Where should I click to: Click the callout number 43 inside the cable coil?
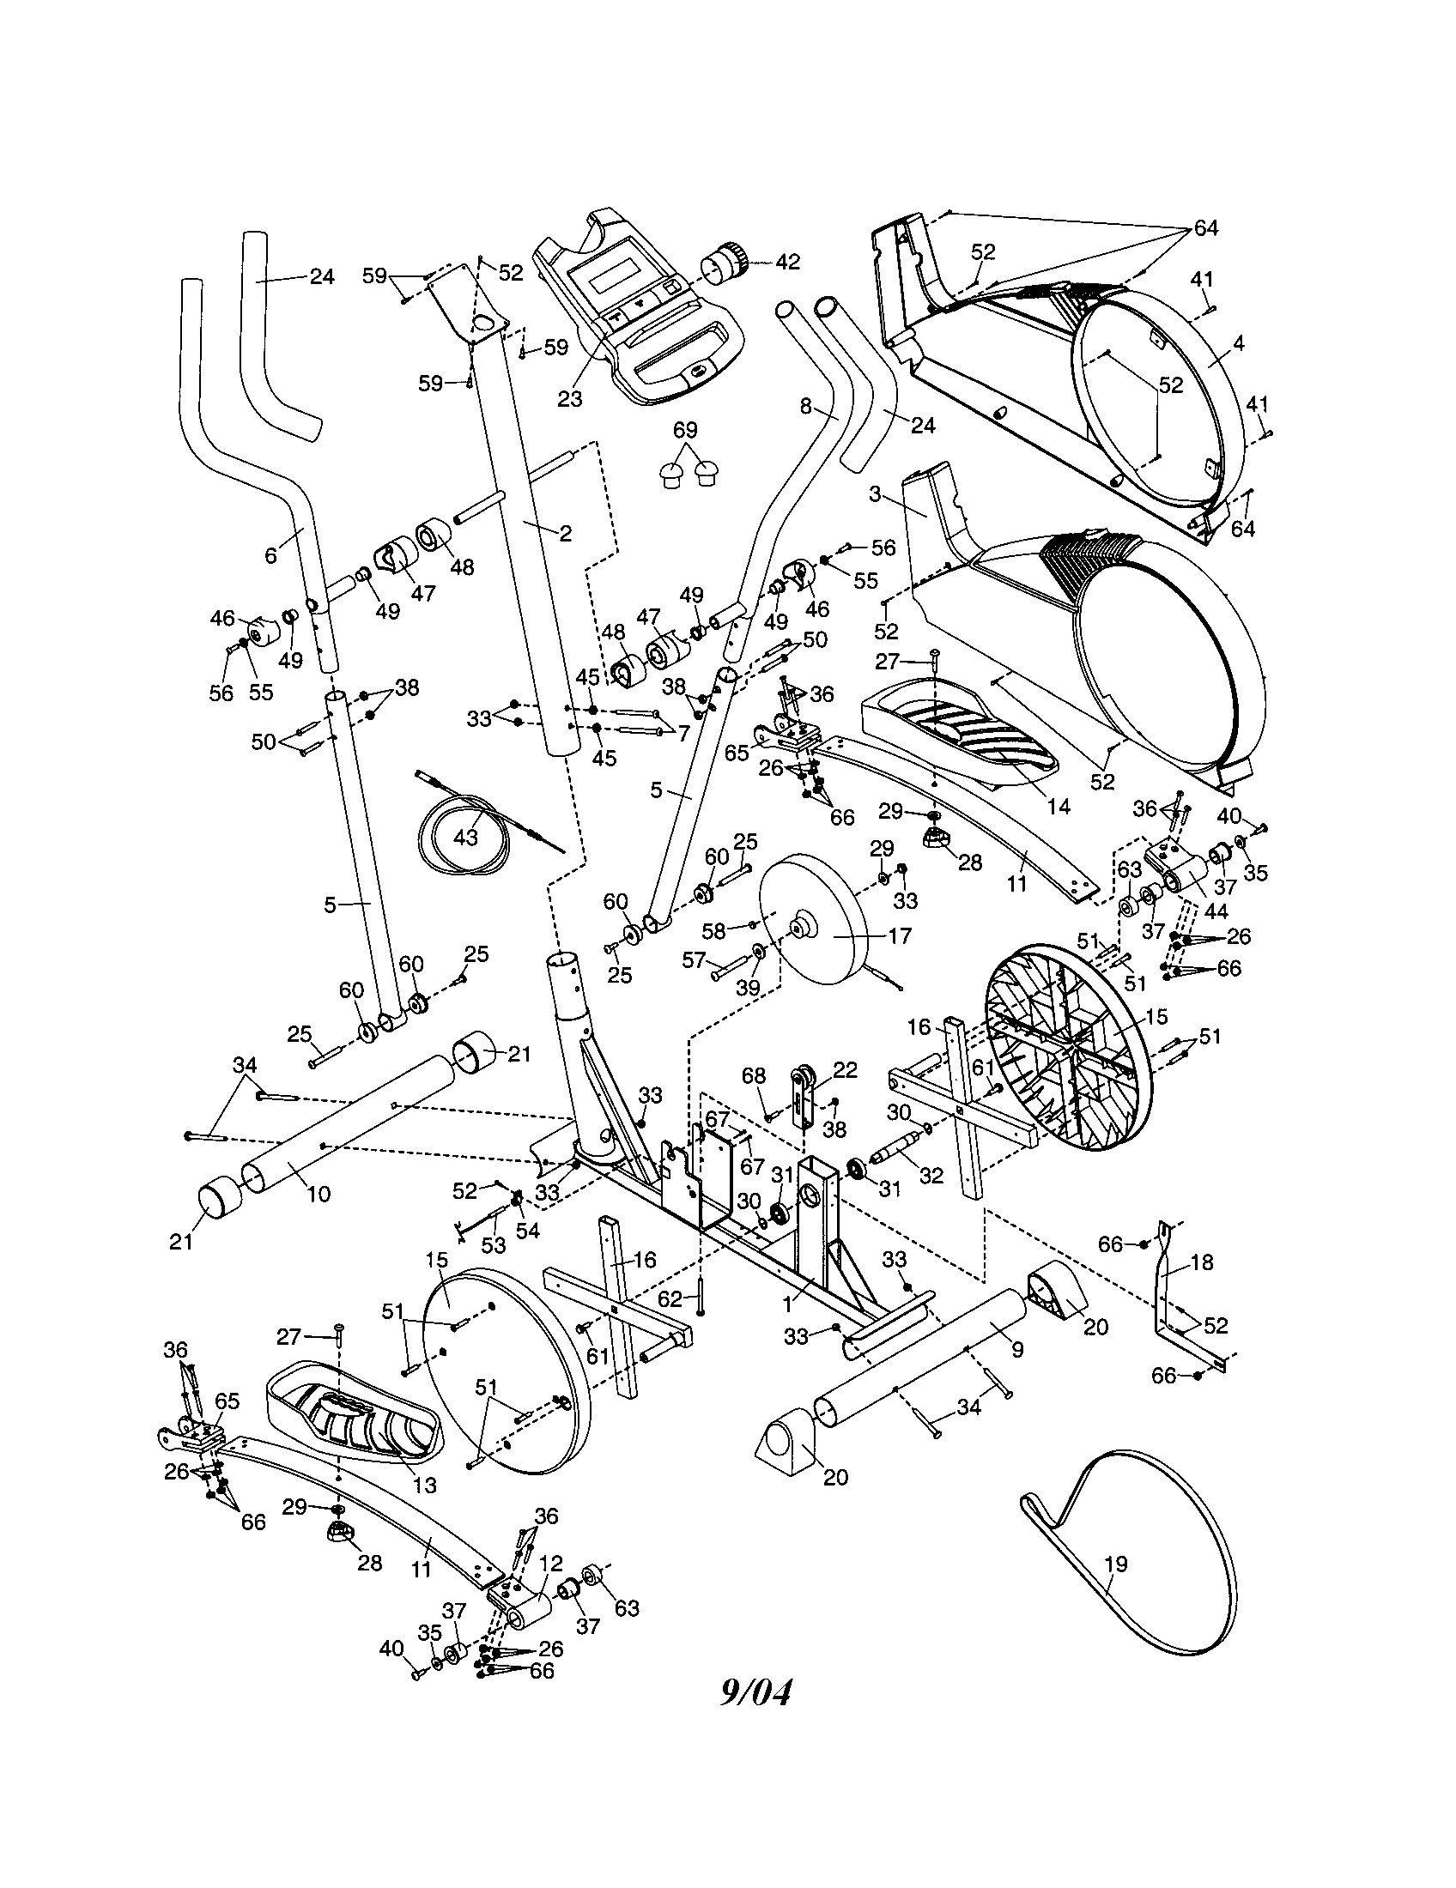pyautogui.click(x=465, y=838)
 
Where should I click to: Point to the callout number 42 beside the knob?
pyautogui.click(x=787, y=261)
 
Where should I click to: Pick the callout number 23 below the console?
pyautogui.click(x=570, y=398)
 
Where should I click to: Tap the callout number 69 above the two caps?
pyautogui.click(x=685, y=430)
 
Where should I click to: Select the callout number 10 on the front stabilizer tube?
pyautogui.click(x=319, y=1194)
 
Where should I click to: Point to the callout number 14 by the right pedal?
pyautogui.click(x=1059, y=806)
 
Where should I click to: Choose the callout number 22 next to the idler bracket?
pyautogui.click(x=845, y=1069)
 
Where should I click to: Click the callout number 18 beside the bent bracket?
pyautogui.click(x=1202, y=1262)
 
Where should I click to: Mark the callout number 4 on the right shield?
pyautogui.click(x=1239, y=343)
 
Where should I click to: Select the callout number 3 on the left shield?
pyautogui.click(x=875, y=494)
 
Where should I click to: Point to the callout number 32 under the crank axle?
pyautogui.click(x=931, y=1176)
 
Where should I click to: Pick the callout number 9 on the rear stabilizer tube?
pyautogui.click(x=1016, y=1348)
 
